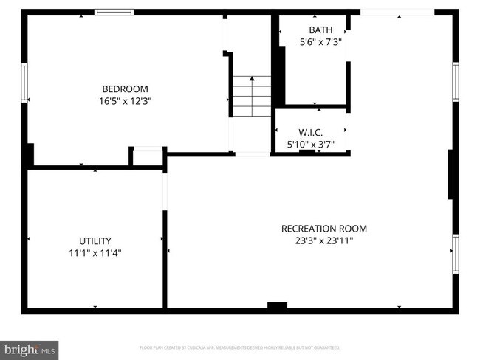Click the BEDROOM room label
[125, 89]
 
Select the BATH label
[320, 30]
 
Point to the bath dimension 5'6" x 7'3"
[320, 42]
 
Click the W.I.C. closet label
[311, 132]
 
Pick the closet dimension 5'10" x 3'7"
[311, 144]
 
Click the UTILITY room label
[95, 240]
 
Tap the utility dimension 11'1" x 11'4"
[95, 252]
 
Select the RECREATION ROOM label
[323, 229]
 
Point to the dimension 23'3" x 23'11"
[323, 240]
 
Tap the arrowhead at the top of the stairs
[252, 77]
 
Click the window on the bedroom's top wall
[114, 12]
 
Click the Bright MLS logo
[30, 348]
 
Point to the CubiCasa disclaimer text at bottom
[239, 347]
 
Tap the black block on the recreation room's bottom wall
[277, 305]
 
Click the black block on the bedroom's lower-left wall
[29, 155]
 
